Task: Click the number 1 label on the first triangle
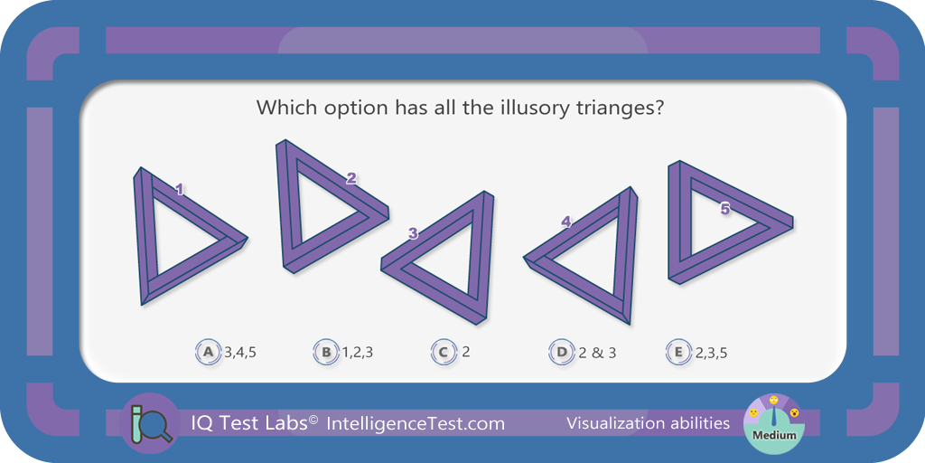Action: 180,189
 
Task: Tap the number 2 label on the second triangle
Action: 351,178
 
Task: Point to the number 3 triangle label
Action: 413,233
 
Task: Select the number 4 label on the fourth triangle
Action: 566,222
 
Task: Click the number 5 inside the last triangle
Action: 725,209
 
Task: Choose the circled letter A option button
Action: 208,354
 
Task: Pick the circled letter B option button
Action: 325,354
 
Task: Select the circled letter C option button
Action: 444,354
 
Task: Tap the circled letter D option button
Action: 561,354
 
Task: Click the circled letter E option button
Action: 678,354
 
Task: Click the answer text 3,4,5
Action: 240,354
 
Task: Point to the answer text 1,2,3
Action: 358,354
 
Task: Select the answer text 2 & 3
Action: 597,354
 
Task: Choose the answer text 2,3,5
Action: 711,354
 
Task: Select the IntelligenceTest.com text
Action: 415,423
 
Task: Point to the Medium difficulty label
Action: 774,436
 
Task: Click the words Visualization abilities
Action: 648,423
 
